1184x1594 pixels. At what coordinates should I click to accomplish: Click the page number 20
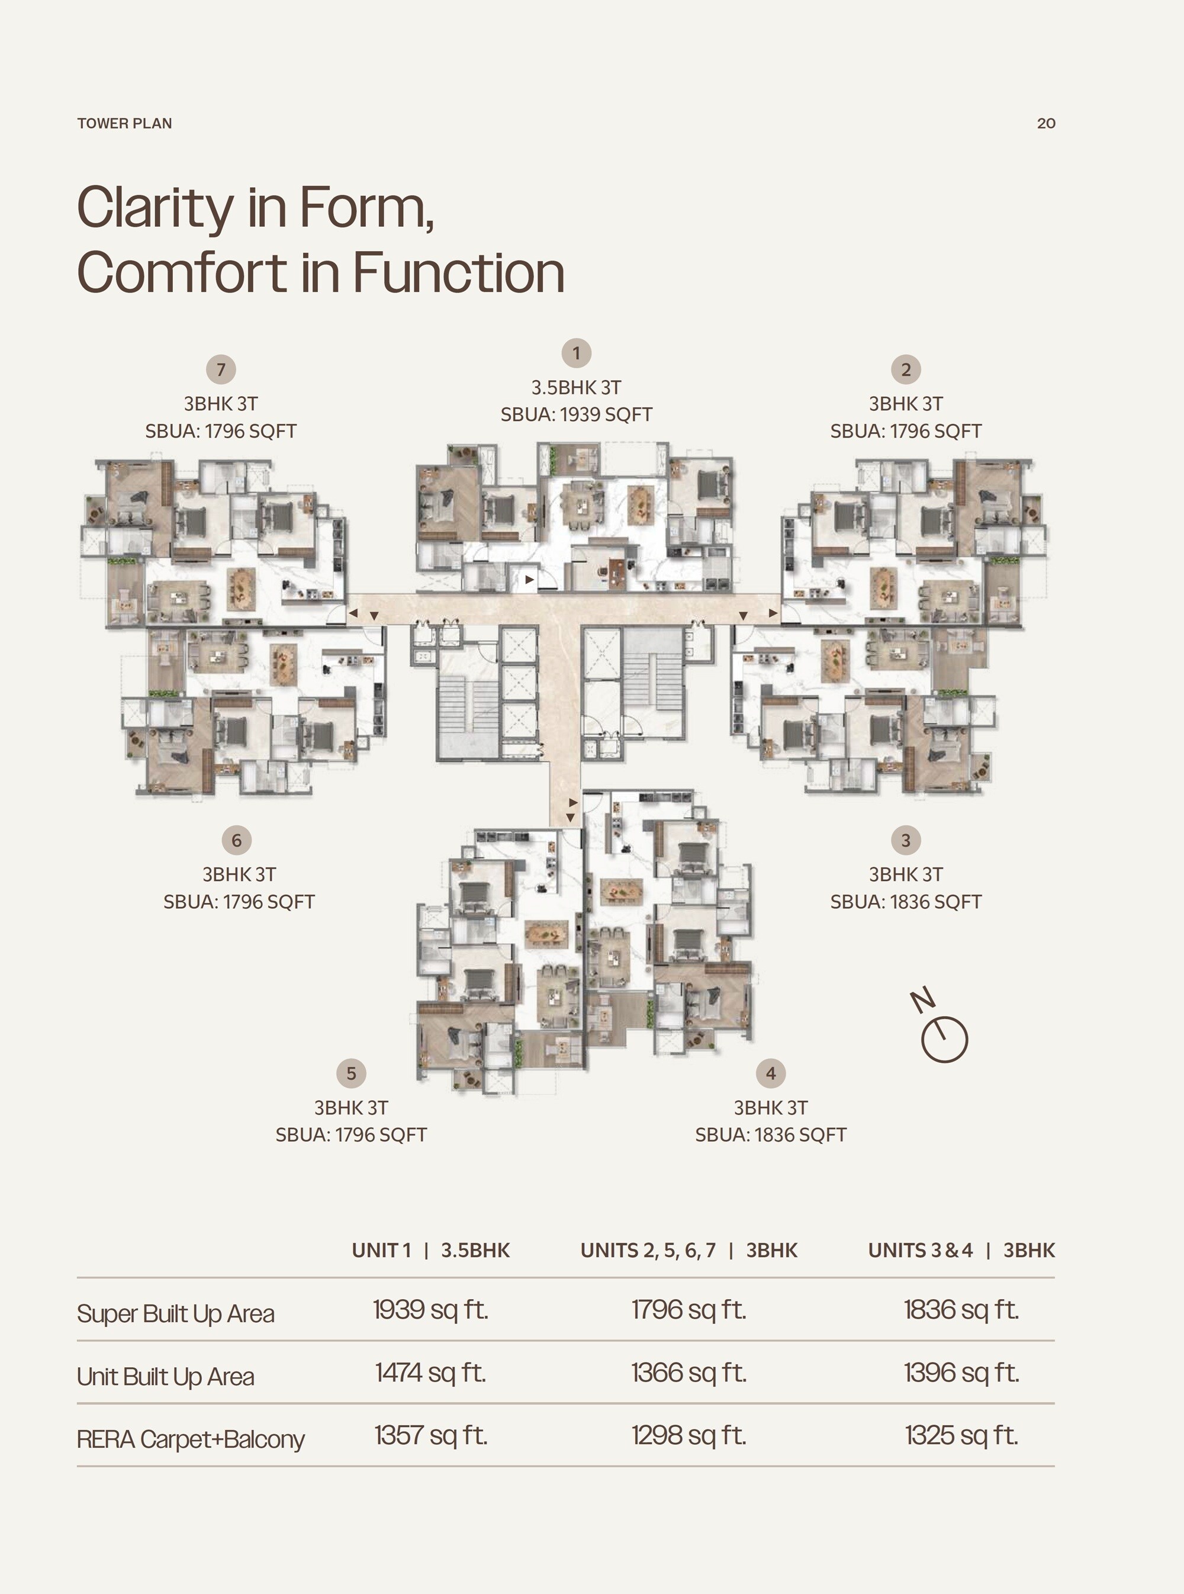1045,123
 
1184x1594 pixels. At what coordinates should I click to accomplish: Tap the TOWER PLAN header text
125,123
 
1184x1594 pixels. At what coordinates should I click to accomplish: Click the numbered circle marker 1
576,353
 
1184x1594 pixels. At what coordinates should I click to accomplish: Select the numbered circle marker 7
221,370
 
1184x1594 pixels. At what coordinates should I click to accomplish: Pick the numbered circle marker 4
770,1073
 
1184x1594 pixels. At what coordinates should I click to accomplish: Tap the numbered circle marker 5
351,1073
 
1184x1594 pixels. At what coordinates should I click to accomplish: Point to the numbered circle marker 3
906,840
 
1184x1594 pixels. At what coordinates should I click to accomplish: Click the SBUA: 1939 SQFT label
576,415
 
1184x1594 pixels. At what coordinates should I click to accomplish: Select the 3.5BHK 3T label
576,388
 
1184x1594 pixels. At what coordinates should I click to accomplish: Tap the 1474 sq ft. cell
430,1373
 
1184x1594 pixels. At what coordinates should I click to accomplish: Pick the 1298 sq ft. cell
688,1435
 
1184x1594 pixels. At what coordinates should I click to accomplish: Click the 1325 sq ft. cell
961,1435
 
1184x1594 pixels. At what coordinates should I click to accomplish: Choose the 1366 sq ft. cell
688,1373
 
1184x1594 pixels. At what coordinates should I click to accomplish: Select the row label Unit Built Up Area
166,1377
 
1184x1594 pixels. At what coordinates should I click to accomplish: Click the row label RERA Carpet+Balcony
191,1439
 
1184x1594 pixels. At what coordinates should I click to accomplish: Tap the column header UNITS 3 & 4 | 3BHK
961,1251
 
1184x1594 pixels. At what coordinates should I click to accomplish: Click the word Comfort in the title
183,273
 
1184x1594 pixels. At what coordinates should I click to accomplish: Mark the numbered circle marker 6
237,840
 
